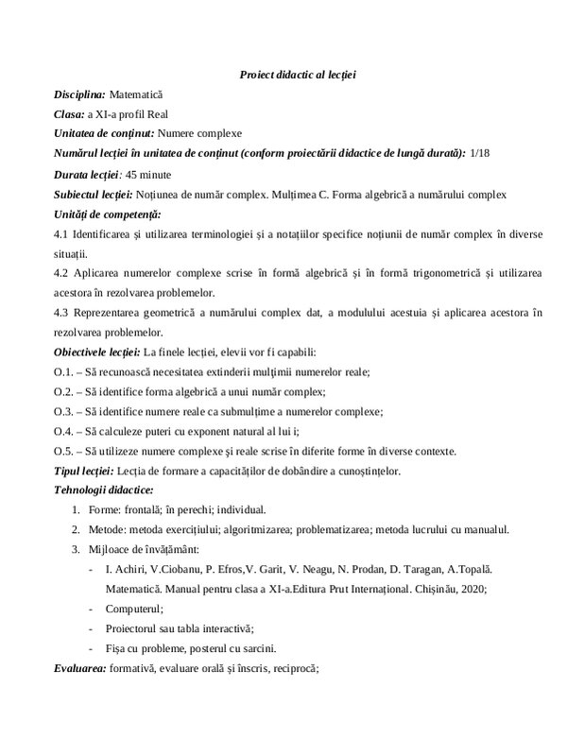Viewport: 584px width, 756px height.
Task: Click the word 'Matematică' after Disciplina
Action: point(136,94)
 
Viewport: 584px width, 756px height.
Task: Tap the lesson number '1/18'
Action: point(480,152)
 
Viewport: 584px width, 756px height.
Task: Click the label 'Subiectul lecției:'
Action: point(94,194)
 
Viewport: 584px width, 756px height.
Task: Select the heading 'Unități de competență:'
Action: point(107,214)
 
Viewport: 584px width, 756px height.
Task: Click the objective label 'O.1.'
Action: point(64,371)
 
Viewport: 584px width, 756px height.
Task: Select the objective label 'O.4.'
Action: point(64,431)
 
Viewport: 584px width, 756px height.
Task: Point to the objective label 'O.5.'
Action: point(64,451)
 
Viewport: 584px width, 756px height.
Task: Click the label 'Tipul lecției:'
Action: point(84,471)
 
